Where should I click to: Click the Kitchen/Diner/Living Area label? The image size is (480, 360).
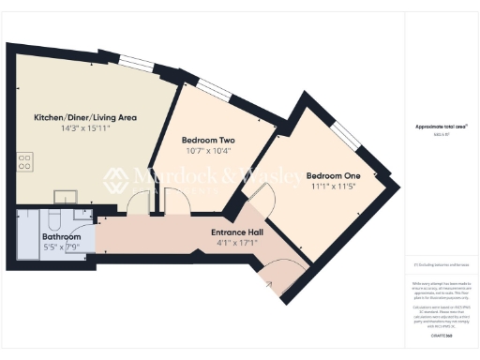click(x=85, y=118)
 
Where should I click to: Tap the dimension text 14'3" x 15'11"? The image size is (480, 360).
click(x=85, y=129)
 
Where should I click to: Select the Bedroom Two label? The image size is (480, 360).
click(x=208, y=140)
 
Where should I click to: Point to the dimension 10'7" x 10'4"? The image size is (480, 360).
click(x=208, y=151)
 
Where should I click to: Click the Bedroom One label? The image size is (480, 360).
click(x=333, y=175)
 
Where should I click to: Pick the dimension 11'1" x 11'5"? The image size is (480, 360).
click(x=333, y=187)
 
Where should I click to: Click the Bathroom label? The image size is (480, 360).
click(x=61, y=238)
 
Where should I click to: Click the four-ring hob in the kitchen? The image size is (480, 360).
click(x=24, y=161)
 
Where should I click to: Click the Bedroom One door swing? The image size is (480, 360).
click(x=259, y=197)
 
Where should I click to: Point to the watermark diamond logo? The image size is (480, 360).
click(x=115, y=181)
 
